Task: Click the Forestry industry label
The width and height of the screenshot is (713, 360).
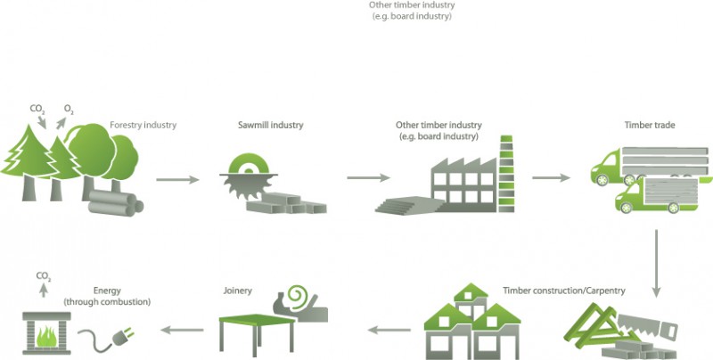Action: pos(143,126)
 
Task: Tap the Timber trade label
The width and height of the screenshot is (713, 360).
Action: pos(651,126)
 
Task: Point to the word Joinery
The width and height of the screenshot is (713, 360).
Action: pos(237,290)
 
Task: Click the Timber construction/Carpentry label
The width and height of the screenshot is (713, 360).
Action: pos(563,290)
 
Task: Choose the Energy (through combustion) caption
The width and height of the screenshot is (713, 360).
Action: pos(107,296)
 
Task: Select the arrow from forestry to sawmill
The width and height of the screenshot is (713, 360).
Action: pos(177,179)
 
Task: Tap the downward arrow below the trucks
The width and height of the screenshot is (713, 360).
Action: pos(657,264)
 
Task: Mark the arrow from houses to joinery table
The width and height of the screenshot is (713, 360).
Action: pos(389,330)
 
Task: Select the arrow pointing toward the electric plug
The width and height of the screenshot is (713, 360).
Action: pos(178,330)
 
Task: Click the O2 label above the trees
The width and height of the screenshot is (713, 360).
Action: pos(68,110)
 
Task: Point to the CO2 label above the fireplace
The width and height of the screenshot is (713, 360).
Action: pos(43,277)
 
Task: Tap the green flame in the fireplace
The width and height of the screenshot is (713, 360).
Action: pos(50,334)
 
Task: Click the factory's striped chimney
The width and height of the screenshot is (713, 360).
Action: pos(507,169)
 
